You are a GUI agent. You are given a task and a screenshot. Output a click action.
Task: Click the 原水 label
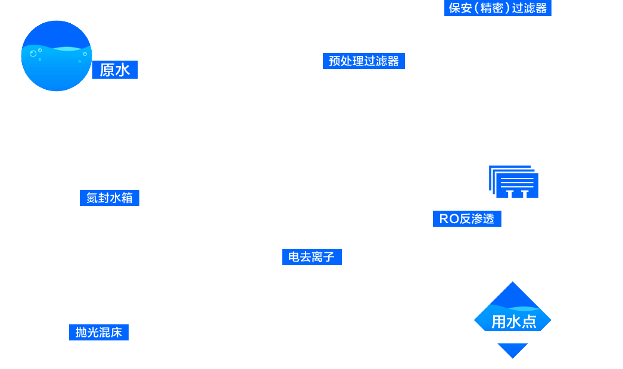(115, 70)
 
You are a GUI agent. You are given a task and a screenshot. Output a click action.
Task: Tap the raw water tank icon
(57, 56)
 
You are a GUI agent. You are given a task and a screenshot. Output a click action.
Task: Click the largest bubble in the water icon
(33, 54)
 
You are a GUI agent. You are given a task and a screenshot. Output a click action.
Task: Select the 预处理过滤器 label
(364, 61)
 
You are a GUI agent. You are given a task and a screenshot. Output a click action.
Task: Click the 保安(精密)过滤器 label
(497, 8)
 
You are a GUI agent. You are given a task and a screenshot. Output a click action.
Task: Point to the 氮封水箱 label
(110, 198)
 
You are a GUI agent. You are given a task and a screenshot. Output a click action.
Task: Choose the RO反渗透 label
(467, 218)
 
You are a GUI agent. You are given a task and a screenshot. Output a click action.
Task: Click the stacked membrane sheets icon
(514, 182)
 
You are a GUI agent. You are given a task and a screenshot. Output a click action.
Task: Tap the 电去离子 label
(311, 257)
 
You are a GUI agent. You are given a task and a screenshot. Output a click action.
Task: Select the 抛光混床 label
(99, 332)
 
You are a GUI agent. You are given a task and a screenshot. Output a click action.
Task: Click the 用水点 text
(513, 322)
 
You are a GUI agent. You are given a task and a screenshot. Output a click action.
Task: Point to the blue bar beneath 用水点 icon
(512, 351)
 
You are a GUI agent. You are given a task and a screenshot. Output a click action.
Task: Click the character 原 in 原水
(107, 70)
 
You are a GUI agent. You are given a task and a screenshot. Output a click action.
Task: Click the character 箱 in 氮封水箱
(127, 198)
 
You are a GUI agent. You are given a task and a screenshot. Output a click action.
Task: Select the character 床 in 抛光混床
(116, 332)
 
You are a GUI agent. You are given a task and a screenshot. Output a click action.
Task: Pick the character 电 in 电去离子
(294, 257)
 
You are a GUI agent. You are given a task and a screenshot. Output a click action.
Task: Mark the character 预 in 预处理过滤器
(335, 61)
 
